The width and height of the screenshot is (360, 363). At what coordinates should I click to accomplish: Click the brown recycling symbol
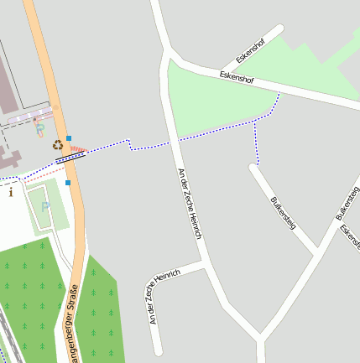tap(58, 144)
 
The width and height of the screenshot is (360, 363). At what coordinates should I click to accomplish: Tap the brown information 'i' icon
tap(10, 192)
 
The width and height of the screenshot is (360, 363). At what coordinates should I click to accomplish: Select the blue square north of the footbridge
tap(69, 137)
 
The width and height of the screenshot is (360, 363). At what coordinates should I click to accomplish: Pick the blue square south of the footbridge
tap(68, 182)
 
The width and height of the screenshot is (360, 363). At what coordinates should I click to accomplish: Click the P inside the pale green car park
tap(45, 206)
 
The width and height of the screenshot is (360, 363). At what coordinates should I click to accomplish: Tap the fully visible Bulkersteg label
tap(284, 212)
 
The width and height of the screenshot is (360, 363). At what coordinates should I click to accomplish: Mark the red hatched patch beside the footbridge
tap(77, 151)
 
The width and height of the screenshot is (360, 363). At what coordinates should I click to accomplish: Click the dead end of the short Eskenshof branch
tap(279, 30)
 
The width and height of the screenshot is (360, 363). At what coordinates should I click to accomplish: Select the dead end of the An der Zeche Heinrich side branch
tap(157, 350)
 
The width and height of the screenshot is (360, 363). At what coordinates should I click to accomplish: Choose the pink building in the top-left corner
tap(8, 84)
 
